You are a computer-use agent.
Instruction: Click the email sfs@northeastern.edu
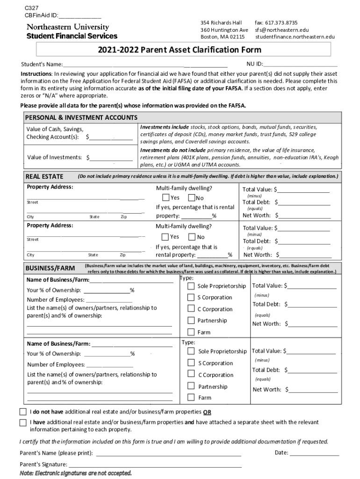click(x=282, y=29)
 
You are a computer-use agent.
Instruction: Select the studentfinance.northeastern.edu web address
click(x=295, y=36)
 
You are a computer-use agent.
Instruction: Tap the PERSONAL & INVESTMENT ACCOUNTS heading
click(x=81, y=117)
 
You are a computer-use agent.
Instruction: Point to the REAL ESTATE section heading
click(x=44, y=176)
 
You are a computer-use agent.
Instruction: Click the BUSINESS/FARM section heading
click(x=50, y=268)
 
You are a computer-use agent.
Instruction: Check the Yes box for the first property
click(x=166, y=197)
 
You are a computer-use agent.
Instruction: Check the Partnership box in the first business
click(x=191, y=320)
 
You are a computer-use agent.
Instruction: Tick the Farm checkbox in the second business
click(x=191, y=398)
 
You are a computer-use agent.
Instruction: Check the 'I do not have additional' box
click(x=23, y=412)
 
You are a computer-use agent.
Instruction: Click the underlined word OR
click(x=207, y=412)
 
